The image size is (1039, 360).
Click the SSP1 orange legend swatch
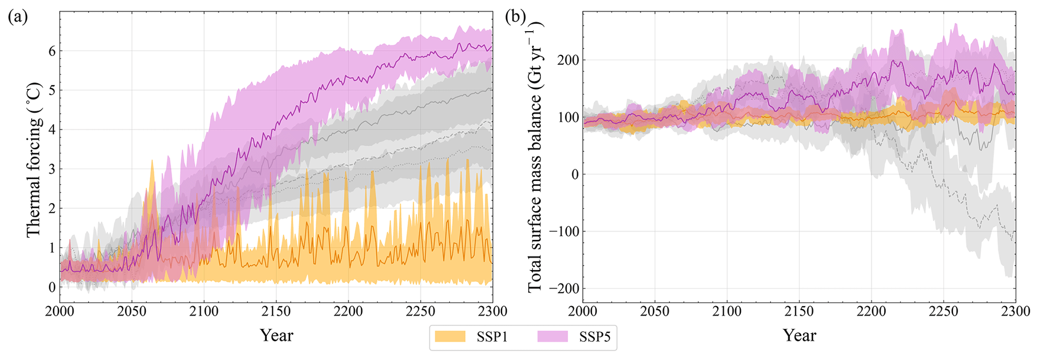pos(450,337)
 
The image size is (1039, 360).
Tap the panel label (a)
pos(18,18)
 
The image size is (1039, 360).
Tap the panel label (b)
pos(515,18)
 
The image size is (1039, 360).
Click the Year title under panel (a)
pos(276,335)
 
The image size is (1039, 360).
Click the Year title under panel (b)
pos(799,335)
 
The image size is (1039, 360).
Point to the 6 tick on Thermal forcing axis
pos(52,51)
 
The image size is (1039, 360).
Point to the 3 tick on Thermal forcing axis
pos(52,169)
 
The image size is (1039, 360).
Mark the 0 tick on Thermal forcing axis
pos(52,287)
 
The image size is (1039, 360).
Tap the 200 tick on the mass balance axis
pos(569,60)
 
